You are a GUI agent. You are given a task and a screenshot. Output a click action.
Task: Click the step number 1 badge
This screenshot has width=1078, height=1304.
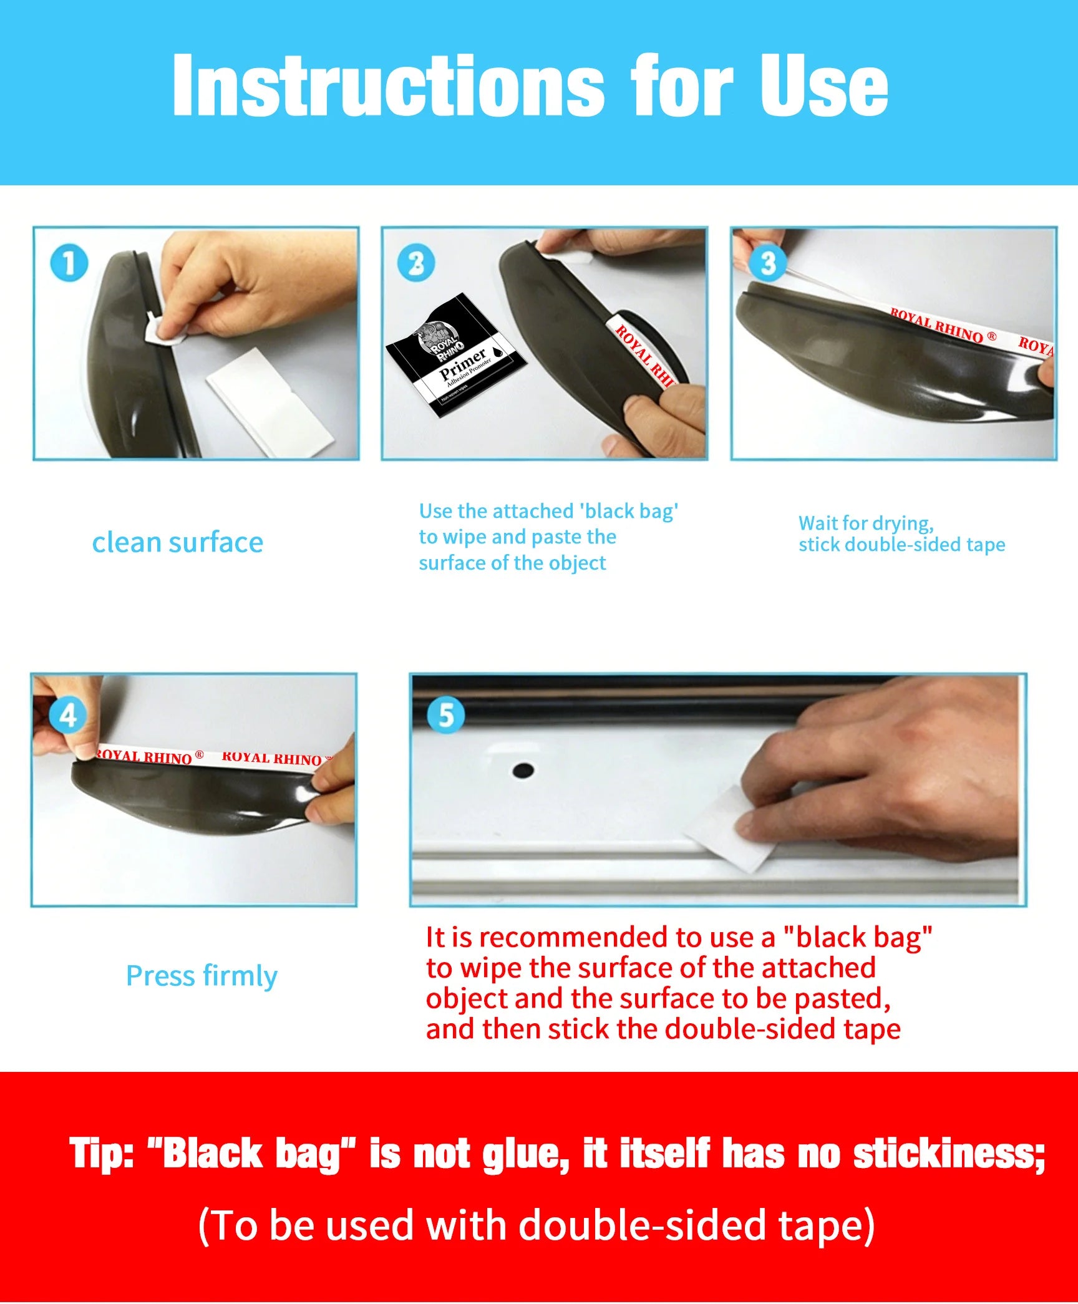69,263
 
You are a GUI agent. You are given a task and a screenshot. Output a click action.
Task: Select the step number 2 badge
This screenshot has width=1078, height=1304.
416,263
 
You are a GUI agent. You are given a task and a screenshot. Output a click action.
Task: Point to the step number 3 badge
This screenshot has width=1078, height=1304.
768,263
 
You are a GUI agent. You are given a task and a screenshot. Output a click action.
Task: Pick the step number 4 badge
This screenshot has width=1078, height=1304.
68,715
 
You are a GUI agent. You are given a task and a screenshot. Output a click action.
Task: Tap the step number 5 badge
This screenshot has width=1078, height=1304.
446,715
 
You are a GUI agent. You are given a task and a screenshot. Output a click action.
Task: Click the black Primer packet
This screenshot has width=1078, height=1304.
455,356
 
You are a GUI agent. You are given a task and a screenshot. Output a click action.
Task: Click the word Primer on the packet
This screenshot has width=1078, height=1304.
462,364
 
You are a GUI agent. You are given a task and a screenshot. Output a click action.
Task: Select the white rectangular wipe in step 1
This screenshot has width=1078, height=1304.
269,403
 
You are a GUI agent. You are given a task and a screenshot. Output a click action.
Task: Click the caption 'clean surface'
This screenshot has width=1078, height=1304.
178,542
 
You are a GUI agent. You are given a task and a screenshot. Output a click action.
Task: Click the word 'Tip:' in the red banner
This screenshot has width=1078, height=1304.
102,1152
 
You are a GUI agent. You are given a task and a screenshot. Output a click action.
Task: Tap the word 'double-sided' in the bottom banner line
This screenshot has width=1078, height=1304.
642,1225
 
